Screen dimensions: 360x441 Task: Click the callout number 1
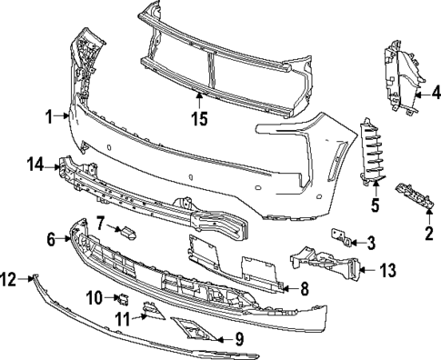pos(50,115)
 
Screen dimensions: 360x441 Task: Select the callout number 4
pos(436,92)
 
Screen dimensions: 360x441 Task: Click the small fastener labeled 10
pos(122,297)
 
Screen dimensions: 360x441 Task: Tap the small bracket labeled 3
pos(346,238)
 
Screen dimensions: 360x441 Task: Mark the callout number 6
pos(52,239)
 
